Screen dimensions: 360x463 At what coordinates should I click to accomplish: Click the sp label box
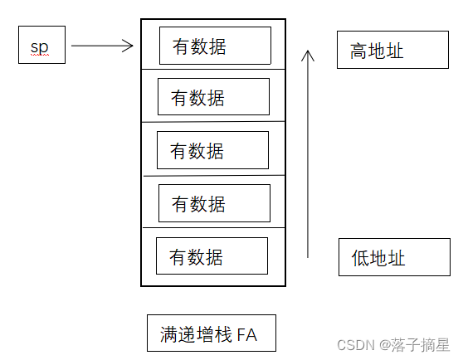41,45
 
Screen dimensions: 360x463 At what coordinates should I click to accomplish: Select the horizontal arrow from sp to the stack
100,46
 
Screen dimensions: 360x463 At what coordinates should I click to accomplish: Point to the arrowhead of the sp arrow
129,46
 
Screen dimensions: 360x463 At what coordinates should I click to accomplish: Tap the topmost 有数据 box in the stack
215,46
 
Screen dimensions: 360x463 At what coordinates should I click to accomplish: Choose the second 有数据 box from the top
213,97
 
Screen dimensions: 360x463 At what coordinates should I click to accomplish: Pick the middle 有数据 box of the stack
212,150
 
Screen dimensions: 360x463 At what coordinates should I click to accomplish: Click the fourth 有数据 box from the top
214,202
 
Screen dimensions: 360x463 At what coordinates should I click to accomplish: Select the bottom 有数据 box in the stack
212,255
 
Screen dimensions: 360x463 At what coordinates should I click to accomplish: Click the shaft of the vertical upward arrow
308,158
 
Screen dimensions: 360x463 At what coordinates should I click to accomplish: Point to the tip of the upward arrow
308,51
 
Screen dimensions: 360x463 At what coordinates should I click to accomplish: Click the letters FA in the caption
246,334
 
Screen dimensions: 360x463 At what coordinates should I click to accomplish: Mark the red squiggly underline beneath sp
40,54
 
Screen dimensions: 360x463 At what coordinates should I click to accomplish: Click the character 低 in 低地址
360,258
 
